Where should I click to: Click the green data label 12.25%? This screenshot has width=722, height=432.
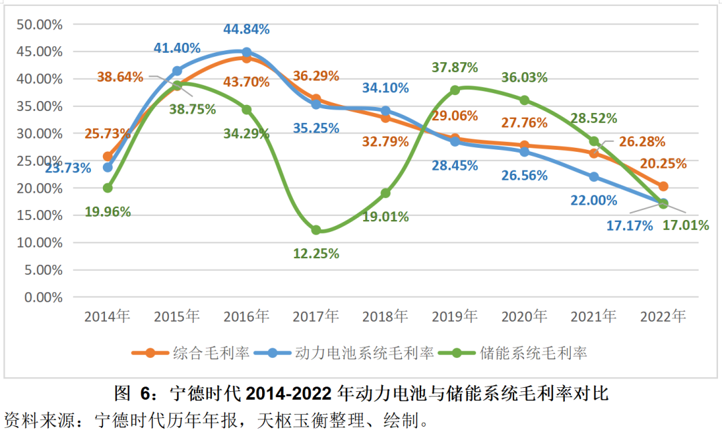(316, 253)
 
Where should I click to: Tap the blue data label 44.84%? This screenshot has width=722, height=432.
(246, 29)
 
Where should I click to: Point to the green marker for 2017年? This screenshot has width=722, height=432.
(316, 230)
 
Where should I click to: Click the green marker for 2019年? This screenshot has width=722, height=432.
(455, 90)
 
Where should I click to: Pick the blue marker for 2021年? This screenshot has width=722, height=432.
(594, 177)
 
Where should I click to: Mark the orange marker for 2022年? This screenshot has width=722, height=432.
(663, 186)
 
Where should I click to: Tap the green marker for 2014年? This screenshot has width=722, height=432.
(108, 188)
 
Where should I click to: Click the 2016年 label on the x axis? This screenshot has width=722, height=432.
(246, 316)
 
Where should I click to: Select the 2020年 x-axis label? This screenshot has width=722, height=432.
(524, 316)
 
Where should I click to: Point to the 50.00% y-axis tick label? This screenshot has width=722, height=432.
(39, 25)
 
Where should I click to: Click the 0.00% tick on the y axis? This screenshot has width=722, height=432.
(43, 297)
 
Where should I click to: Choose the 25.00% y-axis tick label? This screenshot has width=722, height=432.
(39, 160)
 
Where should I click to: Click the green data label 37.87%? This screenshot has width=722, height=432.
(455, 68)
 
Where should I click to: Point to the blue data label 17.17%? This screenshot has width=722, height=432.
(629, 225)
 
